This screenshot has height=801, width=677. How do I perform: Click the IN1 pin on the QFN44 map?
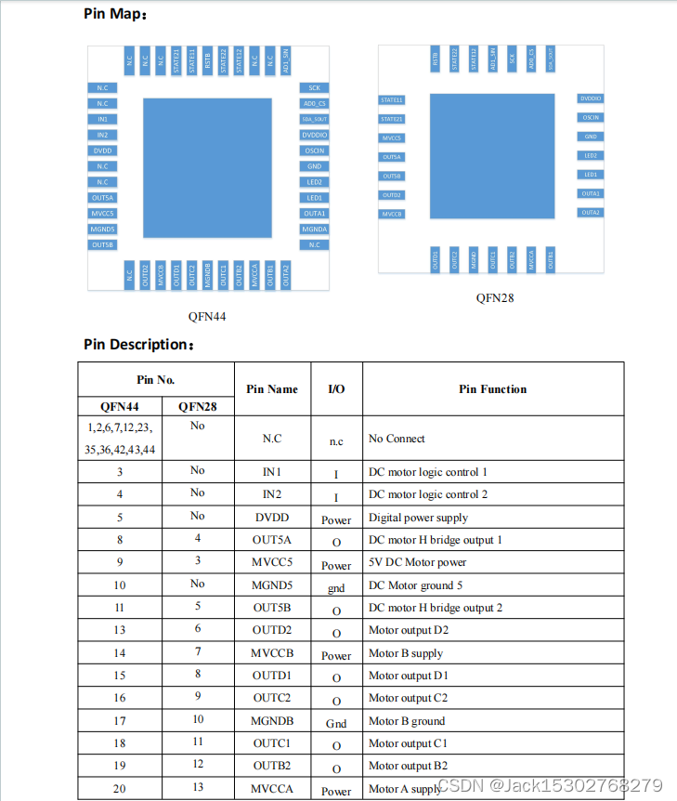[x=102, y=119]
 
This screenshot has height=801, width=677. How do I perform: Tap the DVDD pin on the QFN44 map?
[x=102, y=151]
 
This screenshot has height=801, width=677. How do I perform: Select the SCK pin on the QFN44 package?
[x=314, y=87]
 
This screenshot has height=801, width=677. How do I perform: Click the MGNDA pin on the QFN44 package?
[x=314, y=229]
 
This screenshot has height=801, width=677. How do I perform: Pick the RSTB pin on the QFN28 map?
[x=435, y=59]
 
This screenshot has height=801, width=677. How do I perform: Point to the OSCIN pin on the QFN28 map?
[x=591, y=117]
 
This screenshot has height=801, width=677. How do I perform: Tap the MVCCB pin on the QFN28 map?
[x=392, y=214]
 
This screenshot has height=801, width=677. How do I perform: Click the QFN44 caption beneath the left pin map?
[x=207, y=316]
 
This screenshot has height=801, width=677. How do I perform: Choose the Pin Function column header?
[x=492, y=389]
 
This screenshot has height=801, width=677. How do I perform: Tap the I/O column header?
[x=336, y=389]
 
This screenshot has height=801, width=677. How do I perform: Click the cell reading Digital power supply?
[x=418, y=518]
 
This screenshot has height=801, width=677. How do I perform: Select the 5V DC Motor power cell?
[x=417, y=562]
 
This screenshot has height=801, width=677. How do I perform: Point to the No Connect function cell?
[x=397, y=439]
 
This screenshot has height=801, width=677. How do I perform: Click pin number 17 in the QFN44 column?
[x=120, y=720]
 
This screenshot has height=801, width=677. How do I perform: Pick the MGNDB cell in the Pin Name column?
[x=272, y=721]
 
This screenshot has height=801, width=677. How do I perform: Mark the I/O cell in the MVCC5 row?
[x=336, y=565]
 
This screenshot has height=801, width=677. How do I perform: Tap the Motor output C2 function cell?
[x=408, y=698]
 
